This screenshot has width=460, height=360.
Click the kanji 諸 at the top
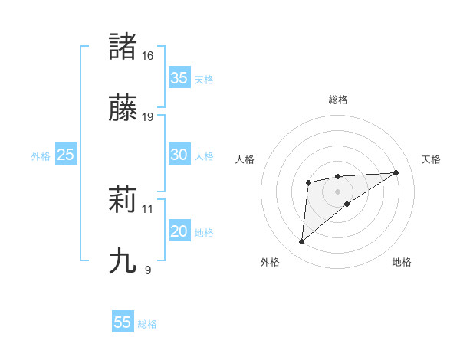tap(123, 47)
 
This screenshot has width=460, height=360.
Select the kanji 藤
tap(123, 108)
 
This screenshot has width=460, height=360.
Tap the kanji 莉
tap(123, 200)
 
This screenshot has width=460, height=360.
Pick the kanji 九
tap(123, 261)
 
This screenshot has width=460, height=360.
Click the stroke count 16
tap(148, 56)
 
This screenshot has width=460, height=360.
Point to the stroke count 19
tap(148, 117)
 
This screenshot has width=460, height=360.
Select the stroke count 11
tap(148, 208)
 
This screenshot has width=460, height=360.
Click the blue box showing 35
tap(179, 78)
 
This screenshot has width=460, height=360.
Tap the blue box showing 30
tap(179, 155)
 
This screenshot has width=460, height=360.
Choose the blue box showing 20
tap(179, 231)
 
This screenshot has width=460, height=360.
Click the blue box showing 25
tap(66, 155)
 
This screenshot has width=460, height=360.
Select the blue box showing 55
tap(123, 322)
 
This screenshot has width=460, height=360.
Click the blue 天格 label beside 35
tap(204, 80)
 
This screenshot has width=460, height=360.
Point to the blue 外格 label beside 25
tap(41, 156)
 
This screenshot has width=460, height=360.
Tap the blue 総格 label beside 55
tap(147, 324)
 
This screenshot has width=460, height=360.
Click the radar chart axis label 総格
tap(338, 100)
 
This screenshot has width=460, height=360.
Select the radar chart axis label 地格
tap(402, 262)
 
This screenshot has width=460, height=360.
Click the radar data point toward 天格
tap(396, 172)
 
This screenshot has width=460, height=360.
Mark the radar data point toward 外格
tap(302, 242)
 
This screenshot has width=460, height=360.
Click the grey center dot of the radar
tap(338, 191)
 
